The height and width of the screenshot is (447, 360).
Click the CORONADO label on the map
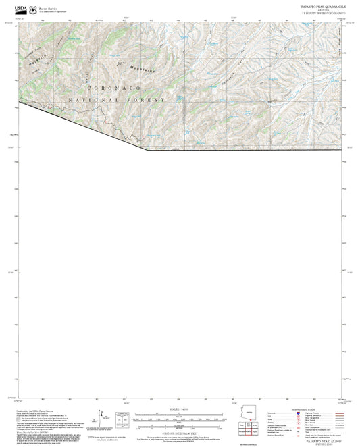click(x=111, y=88)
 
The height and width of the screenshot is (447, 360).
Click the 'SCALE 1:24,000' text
click(x=180, y=409)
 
